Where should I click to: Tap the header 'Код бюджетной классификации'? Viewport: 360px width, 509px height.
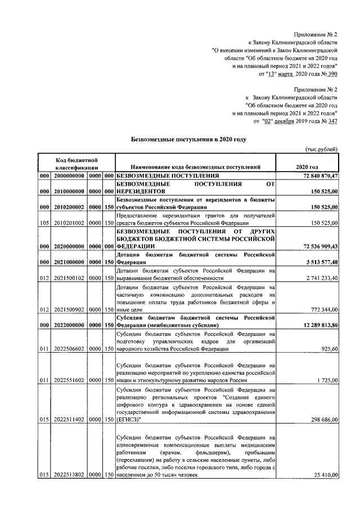pos(77,163)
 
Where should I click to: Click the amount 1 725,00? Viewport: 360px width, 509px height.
pos(326,381)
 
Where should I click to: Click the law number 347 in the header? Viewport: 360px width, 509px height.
pos(332,121)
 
